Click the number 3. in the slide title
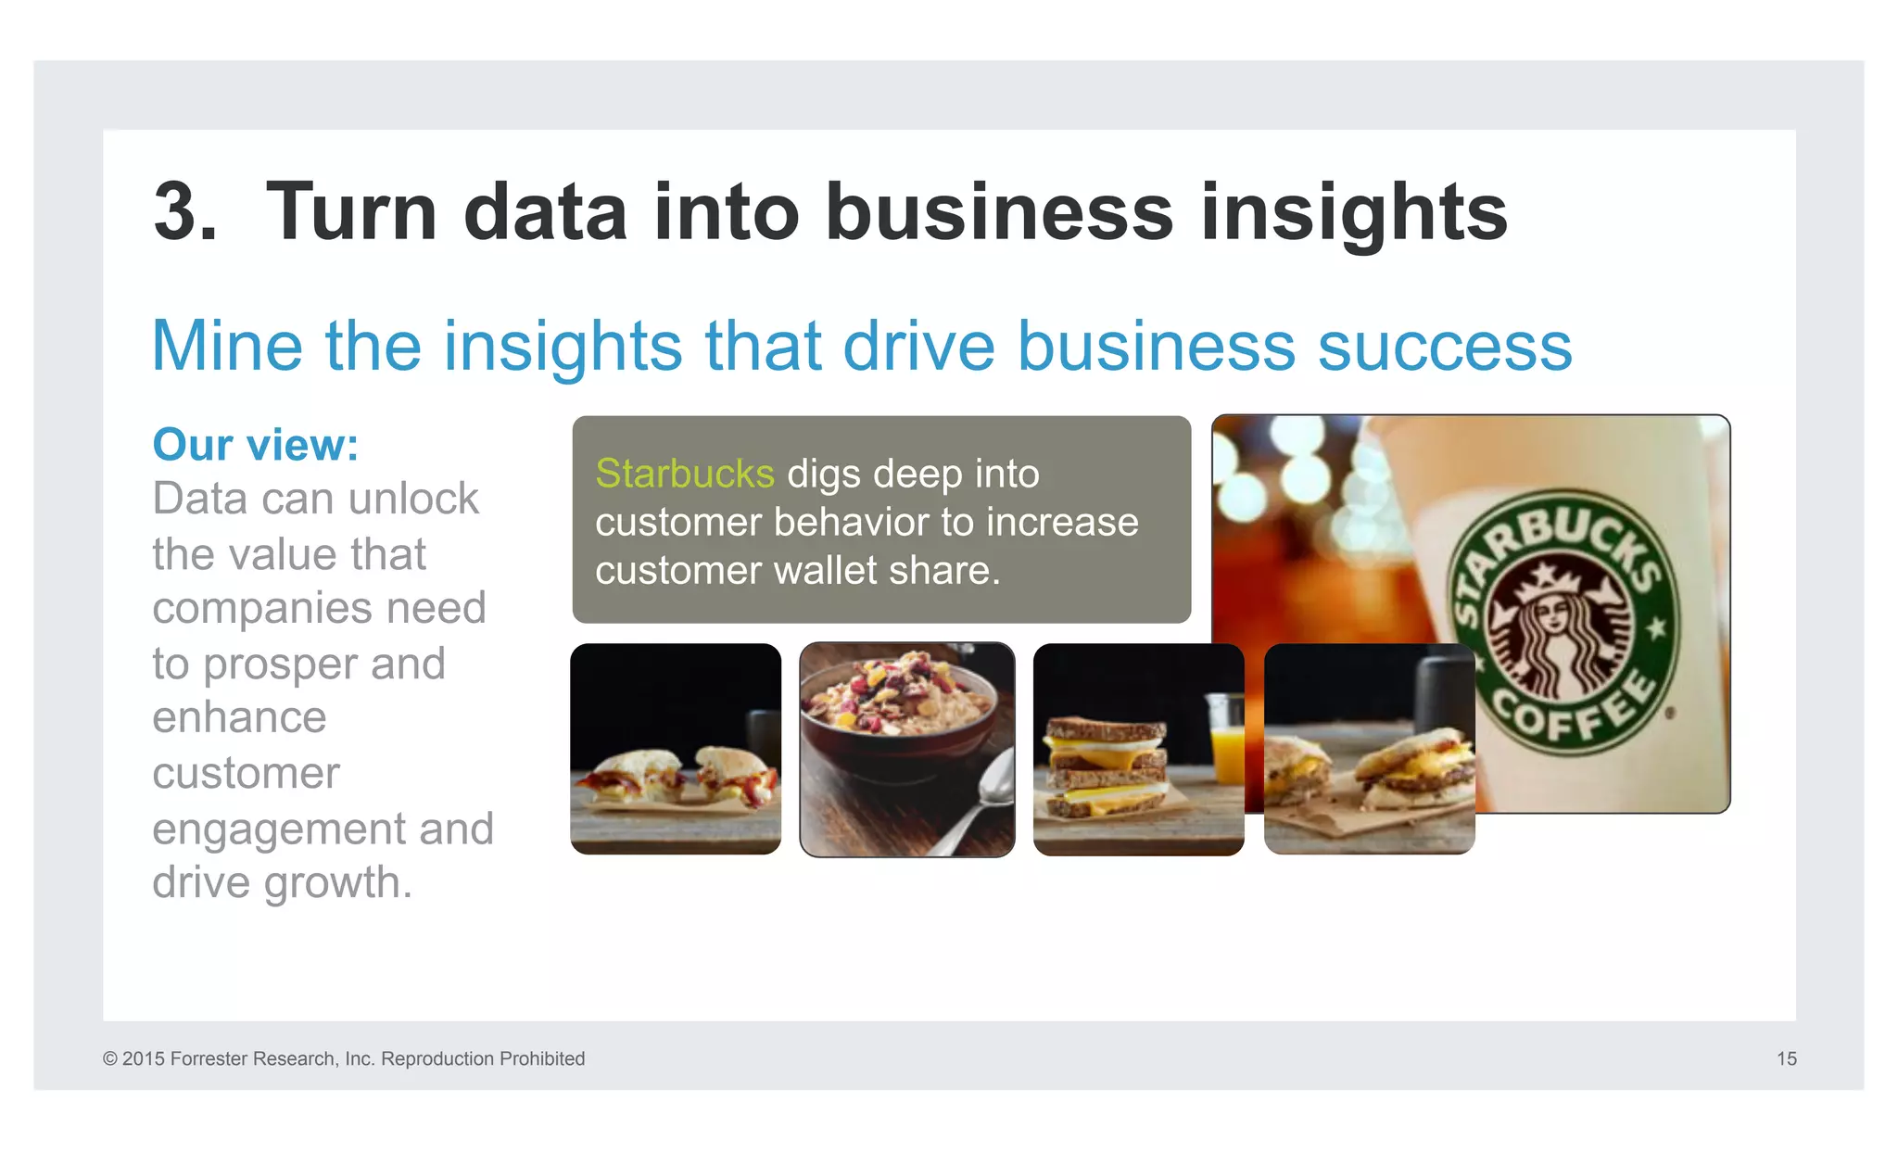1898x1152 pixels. tap(185, 213)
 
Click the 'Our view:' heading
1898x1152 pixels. tap(256, 445)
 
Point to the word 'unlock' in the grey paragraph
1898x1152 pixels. tap(414, 499)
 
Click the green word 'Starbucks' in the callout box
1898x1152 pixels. tap(684, 474)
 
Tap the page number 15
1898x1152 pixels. tap(1786, 1058)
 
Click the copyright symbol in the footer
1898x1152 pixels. tap(110, 1058)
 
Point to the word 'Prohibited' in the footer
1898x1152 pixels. tap(541, 1058)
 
